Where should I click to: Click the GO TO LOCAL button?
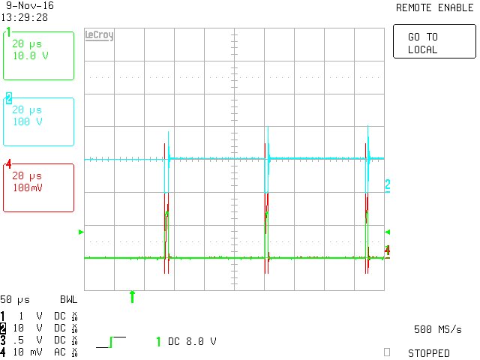tap(434, 43)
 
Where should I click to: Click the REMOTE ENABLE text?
tap(433, 7)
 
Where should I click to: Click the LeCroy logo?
tap(100, 35)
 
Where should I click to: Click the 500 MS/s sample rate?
tap(437, 329)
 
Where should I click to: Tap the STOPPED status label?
tap(428, 352)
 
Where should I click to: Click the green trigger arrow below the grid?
tap(133, 297)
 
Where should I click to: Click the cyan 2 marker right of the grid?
tap(388, 184)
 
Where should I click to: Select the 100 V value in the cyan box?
tap(28, 121)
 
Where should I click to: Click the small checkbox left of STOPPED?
tap(387, 351)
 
